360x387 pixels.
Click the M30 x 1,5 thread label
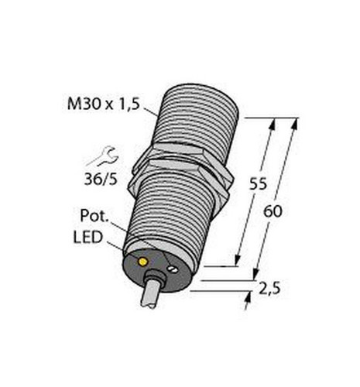[103, 104]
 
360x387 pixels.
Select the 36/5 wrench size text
[101, 179]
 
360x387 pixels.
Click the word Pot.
[94, 216]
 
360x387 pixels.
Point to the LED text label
[88, 238]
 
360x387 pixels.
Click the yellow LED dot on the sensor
[142, 262]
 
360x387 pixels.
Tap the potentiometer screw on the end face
[172, 269]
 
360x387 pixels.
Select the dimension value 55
[258, 184]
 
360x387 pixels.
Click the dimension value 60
[273, 212]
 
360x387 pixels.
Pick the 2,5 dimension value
[269, 289]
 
